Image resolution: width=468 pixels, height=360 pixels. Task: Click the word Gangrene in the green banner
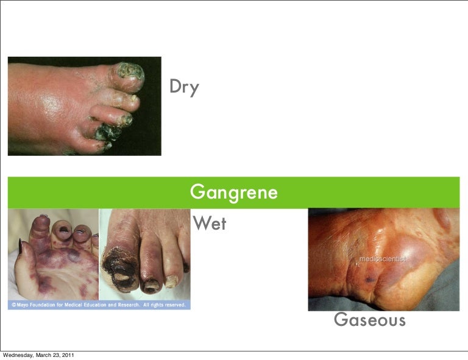click(x=234, y=192)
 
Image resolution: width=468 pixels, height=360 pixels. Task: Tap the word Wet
click(x=209, y=224)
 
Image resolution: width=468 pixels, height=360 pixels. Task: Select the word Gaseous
click(x=369, y=319)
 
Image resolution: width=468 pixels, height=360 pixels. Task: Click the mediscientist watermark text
click(x=382, y=258)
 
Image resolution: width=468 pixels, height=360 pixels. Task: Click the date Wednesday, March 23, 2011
click(x=39, y=355)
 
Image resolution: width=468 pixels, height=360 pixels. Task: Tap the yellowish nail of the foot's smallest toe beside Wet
click(x=172, y=281)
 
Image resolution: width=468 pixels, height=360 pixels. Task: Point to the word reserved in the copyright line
click(x=174, y=305)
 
